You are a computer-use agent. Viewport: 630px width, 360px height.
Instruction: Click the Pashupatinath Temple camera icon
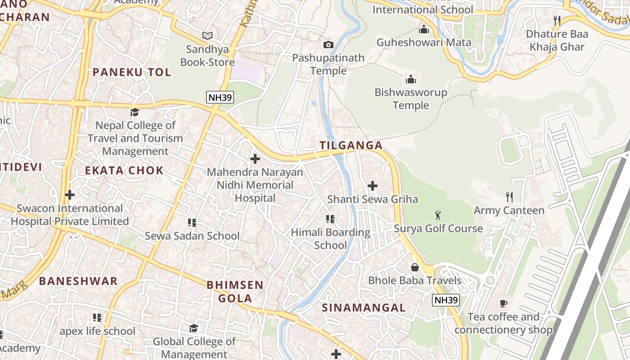[328, 45]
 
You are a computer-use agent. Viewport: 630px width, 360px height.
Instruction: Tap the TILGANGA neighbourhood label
[351, 145]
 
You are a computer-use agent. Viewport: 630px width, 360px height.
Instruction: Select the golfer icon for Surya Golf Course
[438, 215]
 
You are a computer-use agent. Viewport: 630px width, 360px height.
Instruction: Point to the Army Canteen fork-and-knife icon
[509, 197]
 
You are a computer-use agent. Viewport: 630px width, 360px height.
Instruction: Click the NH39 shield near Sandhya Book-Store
[220, 97]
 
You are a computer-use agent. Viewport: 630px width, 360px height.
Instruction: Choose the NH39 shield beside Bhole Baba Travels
[445, 300]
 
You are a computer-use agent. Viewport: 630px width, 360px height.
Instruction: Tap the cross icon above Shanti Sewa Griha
[373, 185]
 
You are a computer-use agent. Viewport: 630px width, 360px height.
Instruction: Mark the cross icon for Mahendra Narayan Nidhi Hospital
[255, 159]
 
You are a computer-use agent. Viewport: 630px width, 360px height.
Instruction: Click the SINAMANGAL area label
[364, 308]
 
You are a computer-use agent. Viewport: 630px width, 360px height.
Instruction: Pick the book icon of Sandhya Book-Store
[207, 36]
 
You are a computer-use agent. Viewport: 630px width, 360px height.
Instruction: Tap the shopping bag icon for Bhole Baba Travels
[415, 267]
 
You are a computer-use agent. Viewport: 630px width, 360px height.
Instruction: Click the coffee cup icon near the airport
[504, 303]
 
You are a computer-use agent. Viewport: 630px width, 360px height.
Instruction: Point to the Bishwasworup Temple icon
[410, 80]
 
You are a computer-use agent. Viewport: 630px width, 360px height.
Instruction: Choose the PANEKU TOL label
[132, 72]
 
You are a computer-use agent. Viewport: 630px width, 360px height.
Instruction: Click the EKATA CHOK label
[124, 171]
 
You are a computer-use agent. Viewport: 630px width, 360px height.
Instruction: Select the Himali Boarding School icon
[330, 219]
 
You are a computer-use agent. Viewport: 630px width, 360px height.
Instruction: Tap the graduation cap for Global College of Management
[193, 328]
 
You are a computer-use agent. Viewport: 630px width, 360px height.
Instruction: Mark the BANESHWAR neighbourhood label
[78, 281]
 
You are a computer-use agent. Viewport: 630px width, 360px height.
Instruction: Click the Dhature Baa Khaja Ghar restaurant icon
[557, 20]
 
